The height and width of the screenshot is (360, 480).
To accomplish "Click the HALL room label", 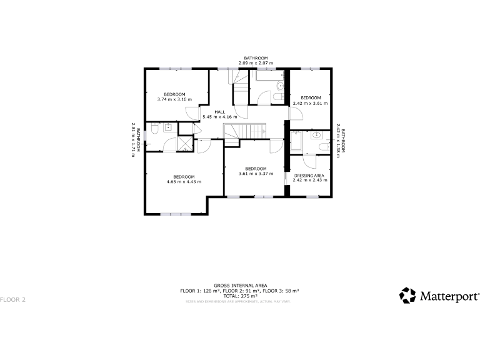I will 220,112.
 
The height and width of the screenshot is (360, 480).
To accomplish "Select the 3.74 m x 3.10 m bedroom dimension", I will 175,99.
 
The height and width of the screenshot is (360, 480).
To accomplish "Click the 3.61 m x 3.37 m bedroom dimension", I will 256,174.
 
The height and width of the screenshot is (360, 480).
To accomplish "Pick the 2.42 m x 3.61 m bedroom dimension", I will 311,103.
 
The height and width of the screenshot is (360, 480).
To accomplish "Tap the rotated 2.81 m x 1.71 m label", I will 132,139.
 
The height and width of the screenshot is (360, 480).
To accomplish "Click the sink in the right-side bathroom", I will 317,135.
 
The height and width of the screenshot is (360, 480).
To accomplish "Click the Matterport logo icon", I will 407,295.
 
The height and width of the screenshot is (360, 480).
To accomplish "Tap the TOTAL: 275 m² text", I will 239,296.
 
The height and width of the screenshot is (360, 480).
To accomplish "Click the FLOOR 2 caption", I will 13,299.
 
